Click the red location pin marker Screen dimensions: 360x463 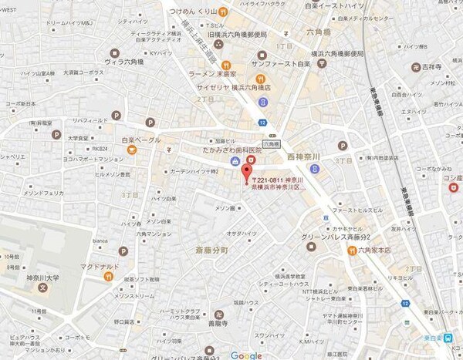(247, 171)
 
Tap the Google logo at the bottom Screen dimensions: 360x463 (245, 354)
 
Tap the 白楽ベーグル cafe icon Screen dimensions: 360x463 (133, 150)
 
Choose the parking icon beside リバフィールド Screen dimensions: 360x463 (118, 115)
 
